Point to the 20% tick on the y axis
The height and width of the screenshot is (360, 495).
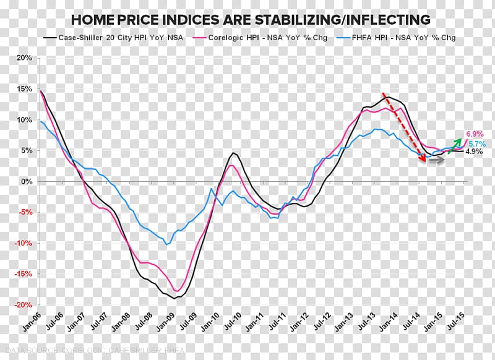coord(25,58)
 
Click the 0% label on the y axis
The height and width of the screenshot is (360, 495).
coord(27,181)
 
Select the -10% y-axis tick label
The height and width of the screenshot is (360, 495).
coord(23,243)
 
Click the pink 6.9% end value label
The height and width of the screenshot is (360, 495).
coord(473,134)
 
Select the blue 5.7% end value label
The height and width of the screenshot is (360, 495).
coord(473,143)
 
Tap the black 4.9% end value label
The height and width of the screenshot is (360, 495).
coord(473,152)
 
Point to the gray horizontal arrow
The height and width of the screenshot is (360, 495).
coord(436,160)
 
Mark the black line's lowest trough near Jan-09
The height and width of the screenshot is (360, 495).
coord(176,298)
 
